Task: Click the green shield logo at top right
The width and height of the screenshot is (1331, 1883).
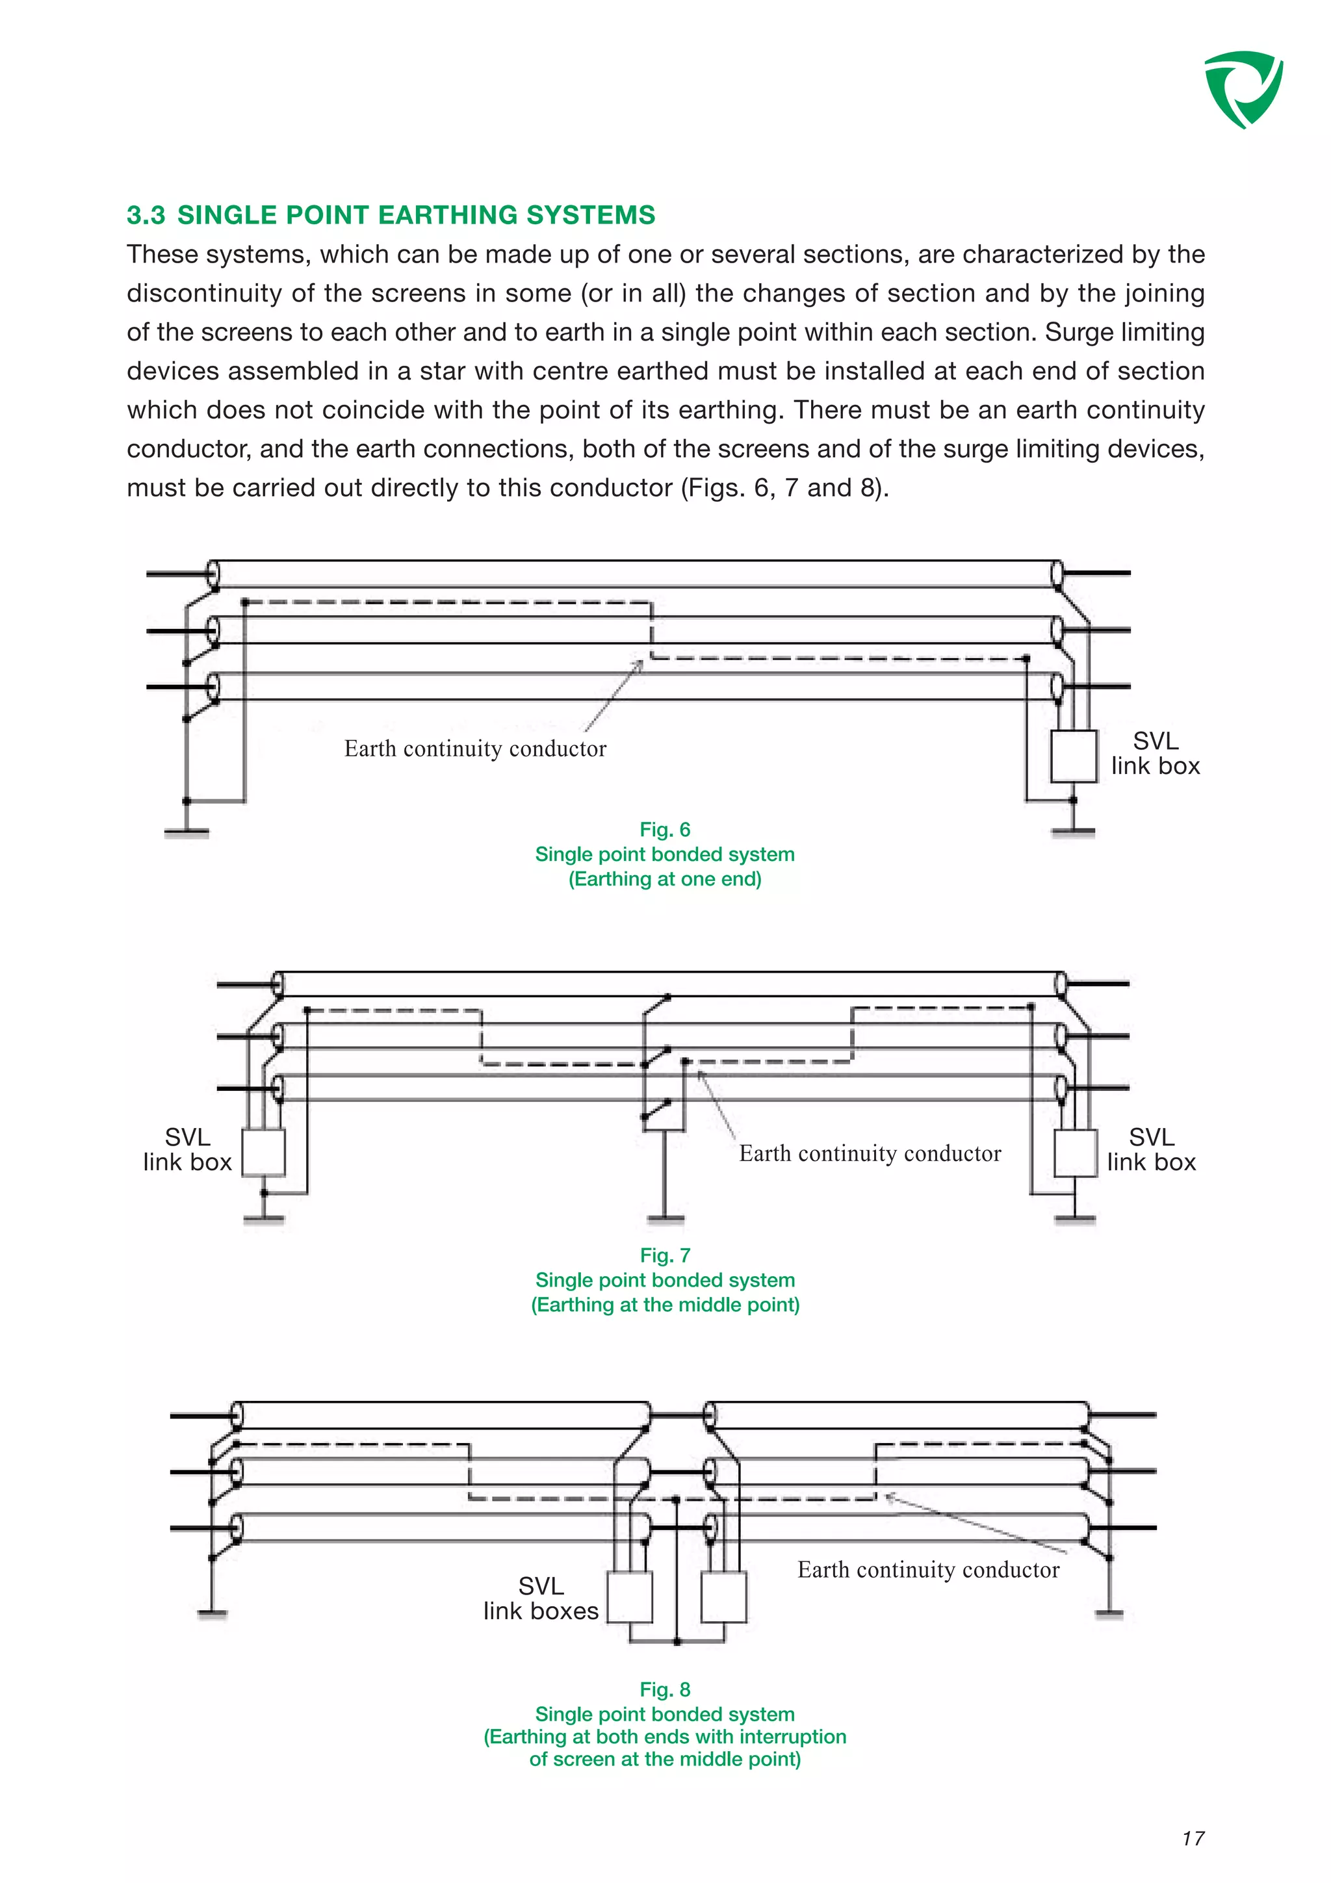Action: pos(1243,88)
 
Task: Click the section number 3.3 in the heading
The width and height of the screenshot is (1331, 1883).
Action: pos(146,215)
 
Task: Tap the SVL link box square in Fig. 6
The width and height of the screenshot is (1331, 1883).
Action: pos(1073,755)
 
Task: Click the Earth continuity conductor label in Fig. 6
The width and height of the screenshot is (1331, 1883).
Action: pos(475,749)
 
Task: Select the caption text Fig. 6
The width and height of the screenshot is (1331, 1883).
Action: pos(664,829)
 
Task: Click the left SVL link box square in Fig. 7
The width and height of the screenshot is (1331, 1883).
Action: pos(263,1152)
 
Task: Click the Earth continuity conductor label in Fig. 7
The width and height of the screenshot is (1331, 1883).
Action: pos(870,1154)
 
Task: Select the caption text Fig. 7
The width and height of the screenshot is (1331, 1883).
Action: pos(664,1255)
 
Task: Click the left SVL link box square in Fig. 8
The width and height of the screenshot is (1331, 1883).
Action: pos(630,1596)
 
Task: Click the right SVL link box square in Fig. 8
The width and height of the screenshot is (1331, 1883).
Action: pos(724,1596)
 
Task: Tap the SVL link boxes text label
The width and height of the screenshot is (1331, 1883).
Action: pos(541,1598)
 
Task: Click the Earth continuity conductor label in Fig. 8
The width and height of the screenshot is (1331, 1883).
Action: pos(927,1570)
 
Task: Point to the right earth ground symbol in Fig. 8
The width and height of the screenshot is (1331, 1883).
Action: pos(1109,1612)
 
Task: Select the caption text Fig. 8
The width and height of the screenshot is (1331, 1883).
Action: pos(664,1689)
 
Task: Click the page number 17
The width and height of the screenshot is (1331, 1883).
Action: pos(1193,1838)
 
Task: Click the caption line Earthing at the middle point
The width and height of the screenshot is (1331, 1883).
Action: pos(664,1304)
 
